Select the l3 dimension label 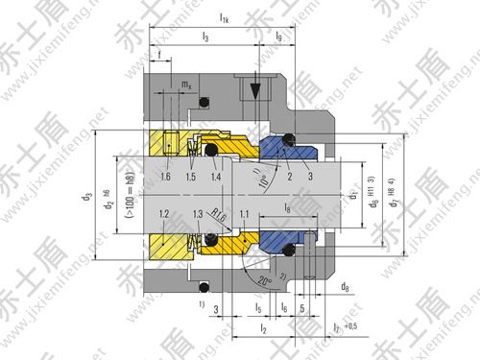coord(205,37)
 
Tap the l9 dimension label coord(279,37)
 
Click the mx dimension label coord(186,84)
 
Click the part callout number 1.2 coord(164,213)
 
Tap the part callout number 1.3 coord(199,213)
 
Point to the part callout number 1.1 coord(246,213)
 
